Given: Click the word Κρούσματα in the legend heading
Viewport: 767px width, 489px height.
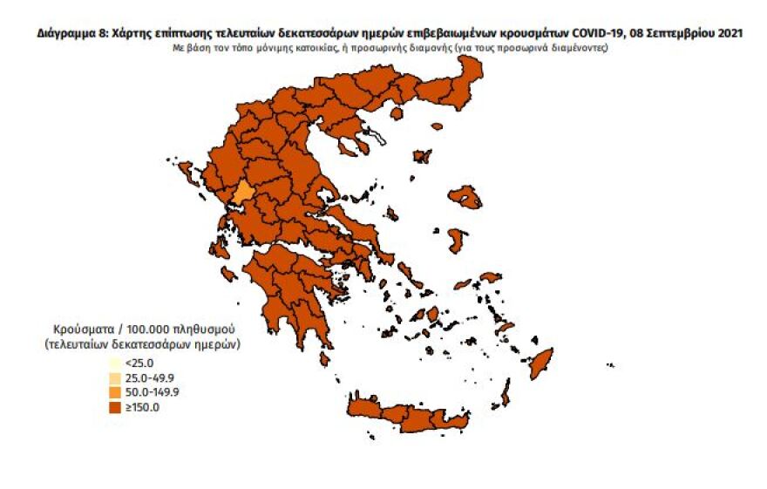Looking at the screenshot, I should click(x=80, y=330).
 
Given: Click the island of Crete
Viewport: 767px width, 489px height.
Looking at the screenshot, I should click(x=410, y=416).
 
